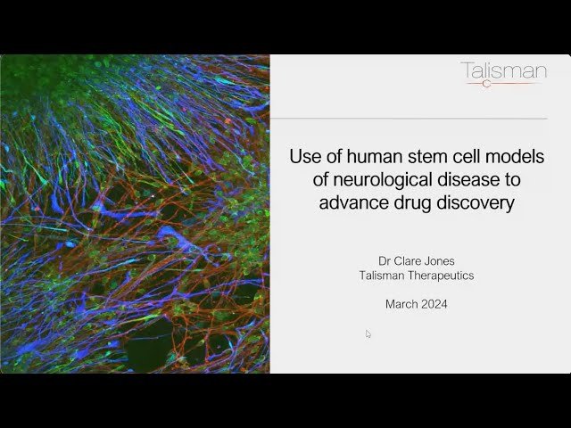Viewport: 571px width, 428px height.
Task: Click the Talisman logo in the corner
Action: [x=503, y=73]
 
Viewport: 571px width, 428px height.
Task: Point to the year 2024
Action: [x=434, y=304]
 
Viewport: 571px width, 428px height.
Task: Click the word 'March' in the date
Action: [x=401, y=304]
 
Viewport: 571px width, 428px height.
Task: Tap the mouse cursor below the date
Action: [x=368, y=334]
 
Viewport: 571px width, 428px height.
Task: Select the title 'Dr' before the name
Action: [x=385, y=261]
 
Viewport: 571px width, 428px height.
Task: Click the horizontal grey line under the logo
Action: [x=410, y=119]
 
